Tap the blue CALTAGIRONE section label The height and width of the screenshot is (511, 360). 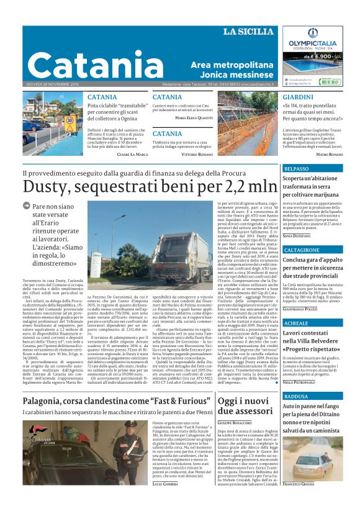tap(302, 250)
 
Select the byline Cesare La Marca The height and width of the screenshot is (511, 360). tap(132, 153)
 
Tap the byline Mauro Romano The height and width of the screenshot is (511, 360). tap(329, 153)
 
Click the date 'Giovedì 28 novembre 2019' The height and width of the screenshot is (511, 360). tap(52, 84)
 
